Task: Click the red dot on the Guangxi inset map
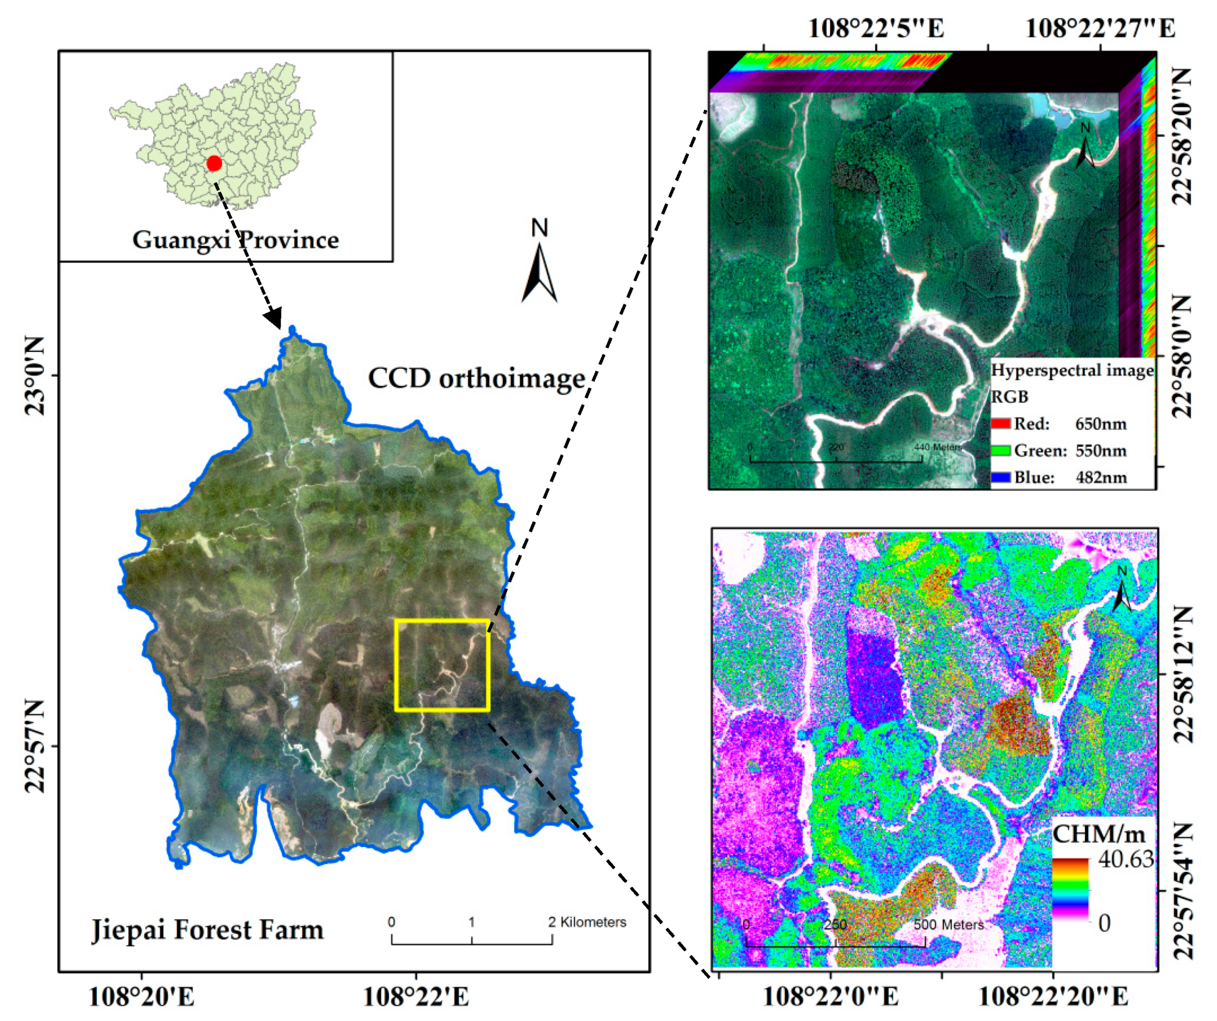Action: tap(214, 164)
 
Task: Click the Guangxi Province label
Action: tap(235, 240)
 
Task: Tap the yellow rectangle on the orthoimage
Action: tap(442, 665)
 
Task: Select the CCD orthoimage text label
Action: tap(476, 378)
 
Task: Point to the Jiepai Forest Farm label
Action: tap(208, 930)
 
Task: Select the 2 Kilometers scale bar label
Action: tap(587, 923)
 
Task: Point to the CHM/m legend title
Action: tap(1099, 835)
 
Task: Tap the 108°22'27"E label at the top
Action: tap(1100, 28)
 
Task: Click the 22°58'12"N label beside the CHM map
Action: tap(1182, 675)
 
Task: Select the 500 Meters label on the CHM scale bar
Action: tap(949, 925)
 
